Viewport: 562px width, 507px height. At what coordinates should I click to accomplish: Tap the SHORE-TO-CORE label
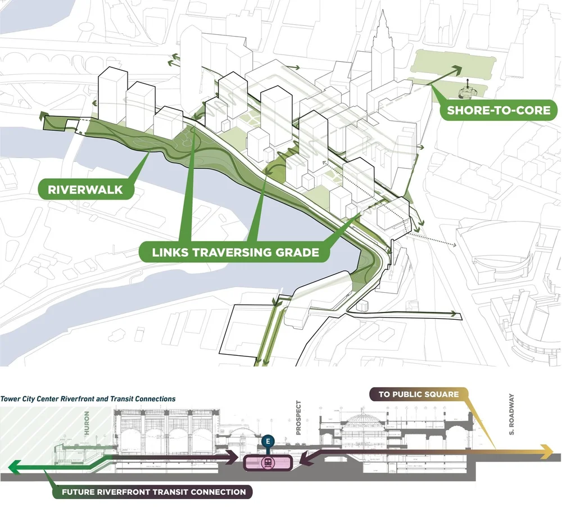click(498, 110)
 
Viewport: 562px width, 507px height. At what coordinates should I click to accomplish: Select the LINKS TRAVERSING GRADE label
click(235, 252)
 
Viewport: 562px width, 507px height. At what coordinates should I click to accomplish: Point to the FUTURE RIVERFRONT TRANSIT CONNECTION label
click(153, 492)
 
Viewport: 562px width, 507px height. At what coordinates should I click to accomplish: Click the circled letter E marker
click(268, 441)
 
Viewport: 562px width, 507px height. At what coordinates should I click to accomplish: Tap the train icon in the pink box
click(269, 463)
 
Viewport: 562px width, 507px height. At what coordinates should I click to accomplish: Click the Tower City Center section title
click(88, 399)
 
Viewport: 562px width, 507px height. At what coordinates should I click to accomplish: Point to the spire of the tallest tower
click(384, 17)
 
